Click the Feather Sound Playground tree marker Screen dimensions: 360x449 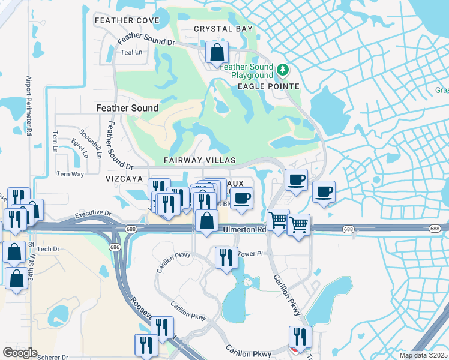pyautogui.click(x=283, y=70)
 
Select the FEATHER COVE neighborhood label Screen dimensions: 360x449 pyautogui.click(x=127, y=20)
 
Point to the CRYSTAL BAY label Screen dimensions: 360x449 pyautogui.click(x=223, y=29)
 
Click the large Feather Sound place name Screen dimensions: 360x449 pyautogui.click(x=127, y=108)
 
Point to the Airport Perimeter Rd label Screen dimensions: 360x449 pyautogui.click(x=28, y=104)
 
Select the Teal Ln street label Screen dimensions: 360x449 pyautogui.click(x=131, y=52)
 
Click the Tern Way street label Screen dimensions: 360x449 pyautogui.click(x=70, y=174)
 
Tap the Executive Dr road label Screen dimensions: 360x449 pyautogui.click(x=93, y=214)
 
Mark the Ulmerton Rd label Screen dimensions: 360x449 pyautogui.click(x=244, y=230)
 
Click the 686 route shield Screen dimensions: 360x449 pyautogui.click(x=114, y=247)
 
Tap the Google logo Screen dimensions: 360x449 pyautogui.click(x=19, y=353)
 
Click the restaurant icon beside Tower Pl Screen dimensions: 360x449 pyautogui.click(x=226, y=258)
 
